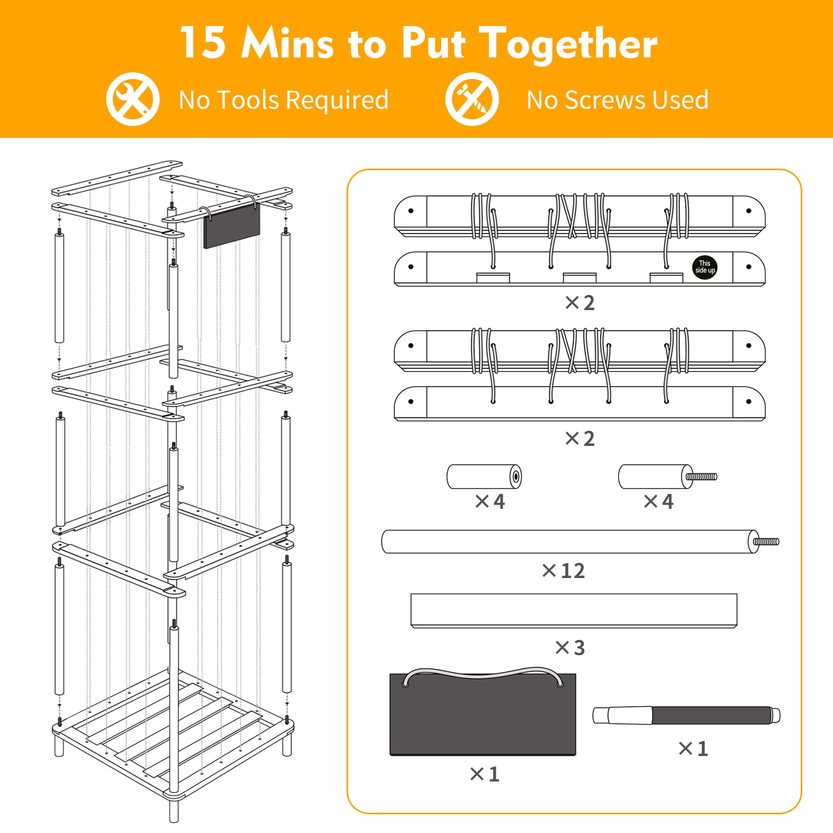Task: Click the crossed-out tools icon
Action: point(133,99)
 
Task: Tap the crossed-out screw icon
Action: point(472,99)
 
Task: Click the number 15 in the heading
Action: point(202,43)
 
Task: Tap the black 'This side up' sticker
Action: point(705,267)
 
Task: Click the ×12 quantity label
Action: point(563,571)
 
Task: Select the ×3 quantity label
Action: point(570,648)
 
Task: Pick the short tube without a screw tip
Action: point(484,477)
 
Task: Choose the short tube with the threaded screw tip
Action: point(668,477)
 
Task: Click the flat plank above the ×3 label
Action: point(574,611)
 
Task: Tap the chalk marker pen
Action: point(686,715)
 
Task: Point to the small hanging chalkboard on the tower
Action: point(232,227)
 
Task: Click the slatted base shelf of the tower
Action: point(173,734)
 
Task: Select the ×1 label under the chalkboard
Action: point(484,774)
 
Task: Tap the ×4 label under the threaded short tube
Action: point(659,502)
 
